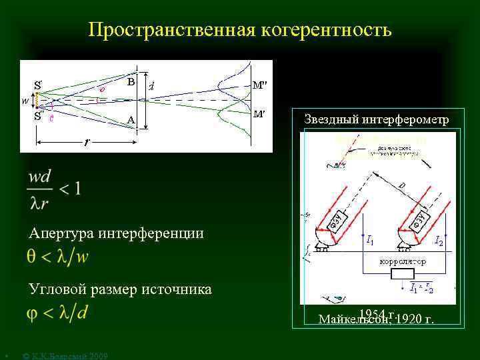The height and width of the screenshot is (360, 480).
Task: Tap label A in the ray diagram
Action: point(131,120)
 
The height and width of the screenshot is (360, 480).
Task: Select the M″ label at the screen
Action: point(259,85)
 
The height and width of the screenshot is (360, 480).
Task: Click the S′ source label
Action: point(39,85)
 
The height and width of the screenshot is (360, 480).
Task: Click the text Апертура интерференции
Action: point(116,233)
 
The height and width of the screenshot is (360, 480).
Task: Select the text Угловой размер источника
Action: point(120,289)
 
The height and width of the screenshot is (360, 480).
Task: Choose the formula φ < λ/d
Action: point(57,313)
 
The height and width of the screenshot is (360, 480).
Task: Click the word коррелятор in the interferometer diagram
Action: point(402,262)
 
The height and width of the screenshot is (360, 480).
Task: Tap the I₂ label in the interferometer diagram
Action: point(439,240)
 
